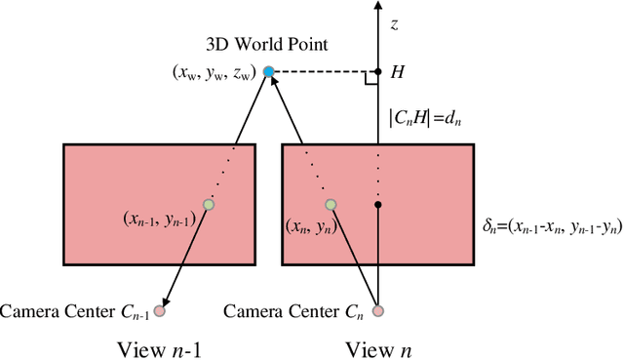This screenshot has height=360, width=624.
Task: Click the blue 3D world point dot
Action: tap(268, 72)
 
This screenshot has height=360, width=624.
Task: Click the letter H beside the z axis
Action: tap(397, 73)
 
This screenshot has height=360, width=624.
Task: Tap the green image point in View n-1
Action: tap(208, 205)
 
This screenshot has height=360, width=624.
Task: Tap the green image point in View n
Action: tap(331, 205)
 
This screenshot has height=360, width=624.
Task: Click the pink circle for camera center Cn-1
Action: tap(159, 311)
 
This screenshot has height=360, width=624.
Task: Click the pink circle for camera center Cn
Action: tap(378, 311)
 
